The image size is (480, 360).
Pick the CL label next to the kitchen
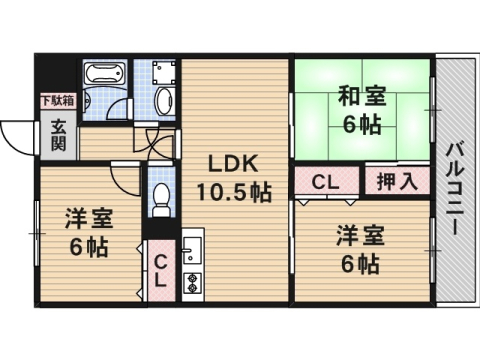click(160, 269)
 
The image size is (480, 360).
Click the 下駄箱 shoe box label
click(56, 100)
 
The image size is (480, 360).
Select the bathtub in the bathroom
click(102, 74)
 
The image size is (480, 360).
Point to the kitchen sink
click(193, 250)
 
